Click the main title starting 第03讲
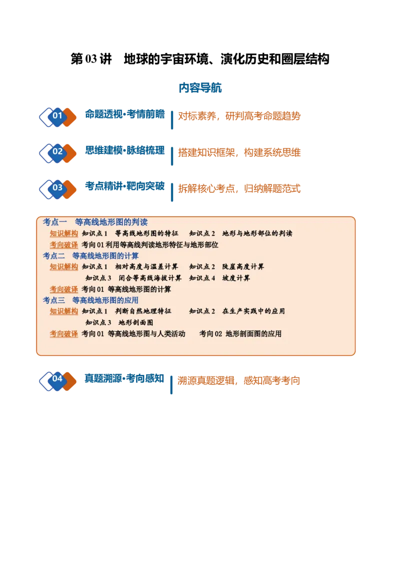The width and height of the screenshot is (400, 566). (x=199, y=59)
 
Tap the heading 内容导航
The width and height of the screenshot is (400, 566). (x=200, y=87)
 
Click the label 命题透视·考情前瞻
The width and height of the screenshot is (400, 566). (x=125, y=114)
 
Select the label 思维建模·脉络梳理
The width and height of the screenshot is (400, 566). (x=125, y=150)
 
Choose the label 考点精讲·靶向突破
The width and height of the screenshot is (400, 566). (x=125, y=186)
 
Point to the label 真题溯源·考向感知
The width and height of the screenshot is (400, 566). (x=124, y=378)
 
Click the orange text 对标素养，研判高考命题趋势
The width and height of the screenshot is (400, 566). (x=239, y=116)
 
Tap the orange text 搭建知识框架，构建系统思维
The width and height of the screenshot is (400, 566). (x=239, y=152)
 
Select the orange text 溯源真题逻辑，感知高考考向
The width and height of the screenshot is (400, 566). (x=238, y=380)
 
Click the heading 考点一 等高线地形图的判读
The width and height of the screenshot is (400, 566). (x=95, y=221)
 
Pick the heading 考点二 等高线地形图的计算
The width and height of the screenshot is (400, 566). (x=90, y=256)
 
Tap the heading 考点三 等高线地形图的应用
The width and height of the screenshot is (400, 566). (x=90, y=300)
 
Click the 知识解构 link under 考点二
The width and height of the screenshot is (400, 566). (x=64, y=267)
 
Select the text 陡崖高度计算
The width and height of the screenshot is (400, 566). (x=243, y=267)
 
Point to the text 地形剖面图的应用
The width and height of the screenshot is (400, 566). (x=253, y=334)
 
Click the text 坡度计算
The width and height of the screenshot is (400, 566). (x=236, y=278)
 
